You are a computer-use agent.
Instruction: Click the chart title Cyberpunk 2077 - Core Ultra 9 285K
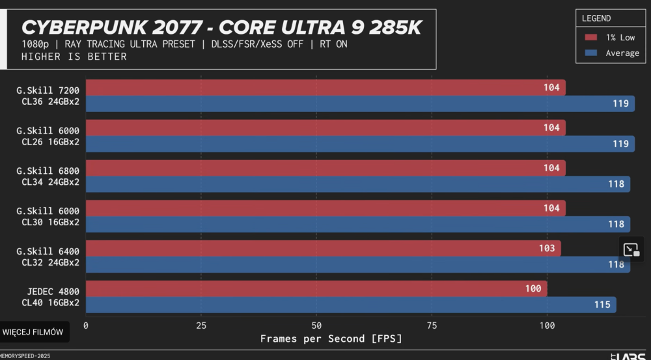pyautogui.click(x=221, y=27)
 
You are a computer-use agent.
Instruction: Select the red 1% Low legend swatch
pyautogui.click(x=591, y=38)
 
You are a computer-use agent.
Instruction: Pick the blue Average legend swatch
pyautogui.click(x=591, y=53)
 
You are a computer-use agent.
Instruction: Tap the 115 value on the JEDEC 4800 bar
pyautogui.click(x=602, y=305)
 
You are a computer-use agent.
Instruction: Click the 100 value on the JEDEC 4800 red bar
pyautogui.click(x=533, y=288)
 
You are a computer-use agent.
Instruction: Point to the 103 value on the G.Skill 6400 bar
pyautogui.click(x=547, y=248)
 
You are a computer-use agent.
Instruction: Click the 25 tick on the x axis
pyautogui.click(x=201, y=325)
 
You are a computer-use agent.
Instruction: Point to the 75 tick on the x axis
pyautogui.click(x=432, y=325)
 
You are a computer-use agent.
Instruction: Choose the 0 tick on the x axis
pyautogui.click(x=86, y=325)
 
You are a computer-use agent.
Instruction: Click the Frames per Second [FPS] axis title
pyautogui.click(x=331, y=339)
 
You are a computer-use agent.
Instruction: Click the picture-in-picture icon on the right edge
pyautogui.click(x=631, y=249)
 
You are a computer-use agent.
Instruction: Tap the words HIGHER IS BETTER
pyautogui.click(x=74, y=57)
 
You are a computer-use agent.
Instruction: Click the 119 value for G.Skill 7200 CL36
pyautogui.click(x=620, y=104)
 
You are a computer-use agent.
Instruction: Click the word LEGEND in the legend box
pyautogui.click(x=596, y=18)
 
